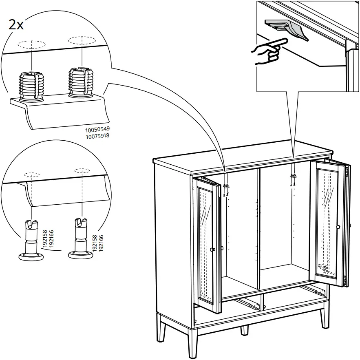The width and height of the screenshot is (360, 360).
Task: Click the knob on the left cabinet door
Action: (212, 250)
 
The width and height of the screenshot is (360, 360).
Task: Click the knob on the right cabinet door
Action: (338, 227)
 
